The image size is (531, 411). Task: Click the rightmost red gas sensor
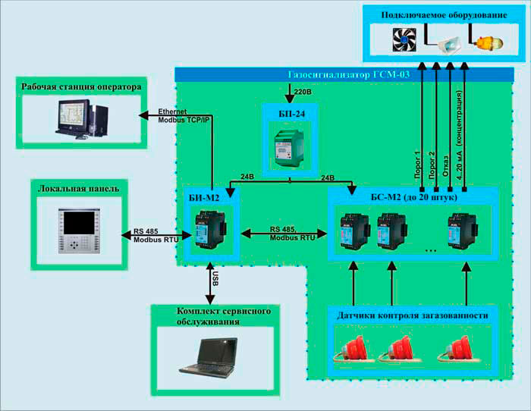462,349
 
